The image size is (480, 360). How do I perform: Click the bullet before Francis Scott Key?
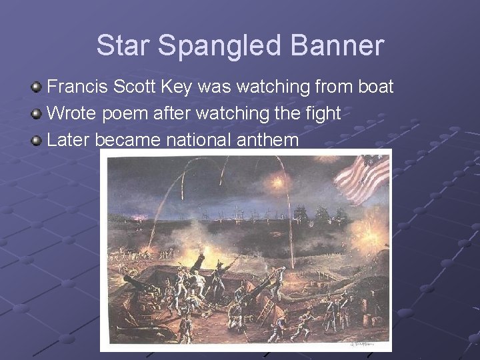pos(37,87)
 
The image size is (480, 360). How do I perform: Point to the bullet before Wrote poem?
pos(37,114)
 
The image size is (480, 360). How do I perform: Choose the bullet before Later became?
pos(37,141)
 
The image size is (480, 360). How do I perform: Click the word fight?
pos(323,114)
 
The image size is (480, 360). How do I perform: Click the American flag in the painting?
pos(364,177)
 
